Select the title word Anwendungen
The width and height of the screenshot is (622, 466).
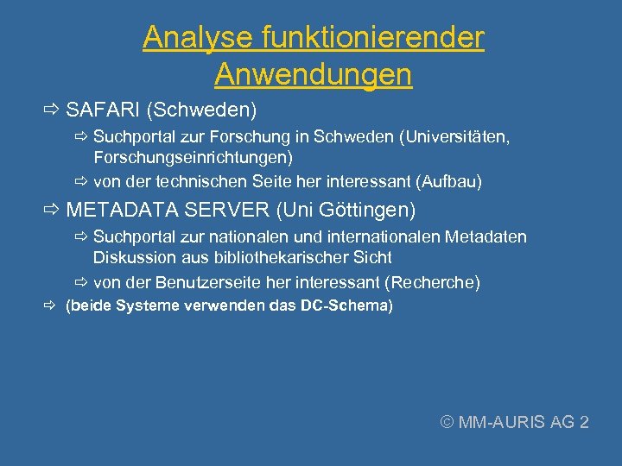click(x=314, y=75)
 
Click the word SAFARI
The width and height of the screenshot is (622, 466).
click(x=103, y=110)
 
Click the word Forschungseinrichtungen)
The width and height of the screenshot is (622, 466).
click(x=194, y=157)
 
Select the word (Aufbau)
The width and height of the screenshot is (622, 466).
click(x=449, y=181)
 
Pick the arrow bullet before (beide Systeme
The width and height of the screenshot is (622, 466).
click(x=51, y=305)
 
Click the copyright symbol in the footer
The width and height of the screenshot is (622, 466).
click(x=447, y=422)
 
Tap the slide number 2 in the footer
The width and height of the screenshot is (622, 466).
click(x=584, y=422)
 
